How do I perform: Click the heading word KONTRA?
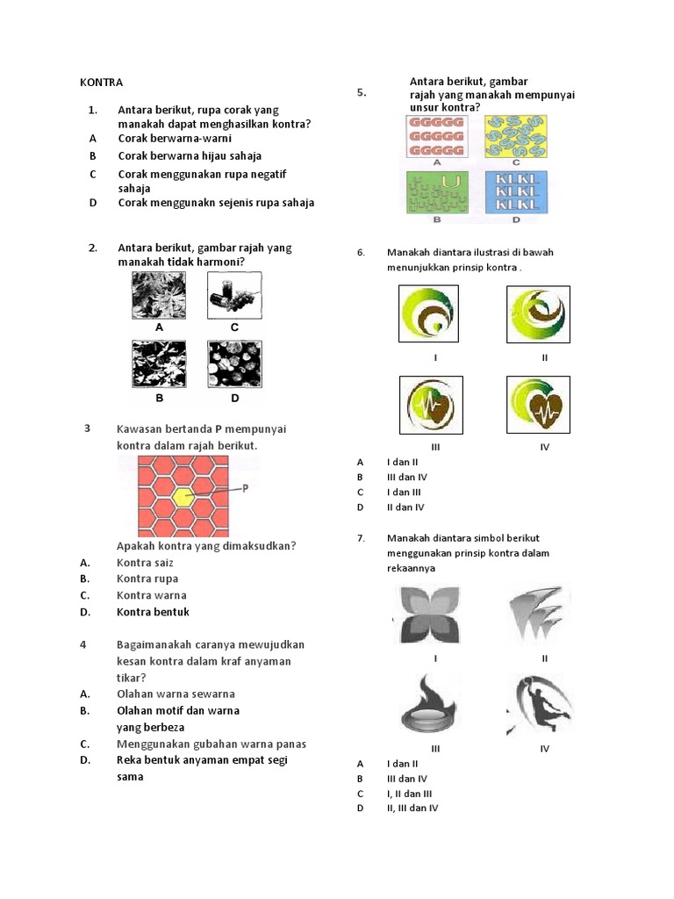coord(101,83)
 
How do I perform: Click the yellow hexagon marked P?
coord(183,496)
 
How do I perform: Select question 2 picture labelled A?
coord(160,296)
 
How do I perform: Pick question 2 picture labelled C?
coord(234,296)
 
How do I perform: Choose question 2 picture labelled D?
coord(234,364)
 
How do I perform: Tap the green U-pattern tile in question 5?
coord(437,191)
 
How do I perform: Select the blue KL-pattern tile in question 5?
coord(515,191)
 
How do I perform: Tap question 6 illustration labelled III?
coord(431,406)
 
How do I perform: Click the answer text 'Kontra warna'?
coord(151,595)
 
